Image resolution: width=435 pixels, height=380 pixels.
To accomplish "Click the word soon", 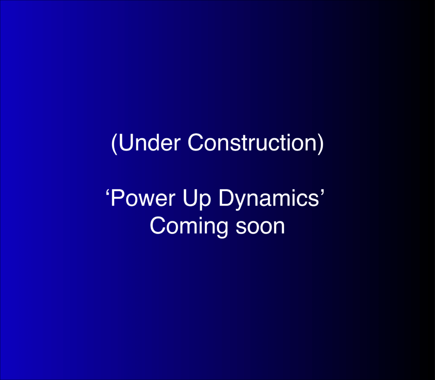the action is coord(260,228).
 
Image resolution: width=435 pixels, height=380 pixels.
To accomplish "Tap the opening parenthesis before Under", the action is coord(114,143).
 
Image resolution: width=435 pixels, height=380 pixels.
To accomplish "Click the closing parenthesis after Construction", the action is coord(320,143).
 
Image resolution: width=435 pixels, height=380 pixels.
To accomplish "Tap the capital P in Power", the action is coord(117,198).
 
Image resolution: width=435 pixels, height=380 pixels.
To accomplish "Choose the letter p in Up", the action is coord(205,203).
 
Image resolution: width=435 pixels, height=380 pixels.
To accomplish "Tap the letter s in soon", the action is coord(241,228).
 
